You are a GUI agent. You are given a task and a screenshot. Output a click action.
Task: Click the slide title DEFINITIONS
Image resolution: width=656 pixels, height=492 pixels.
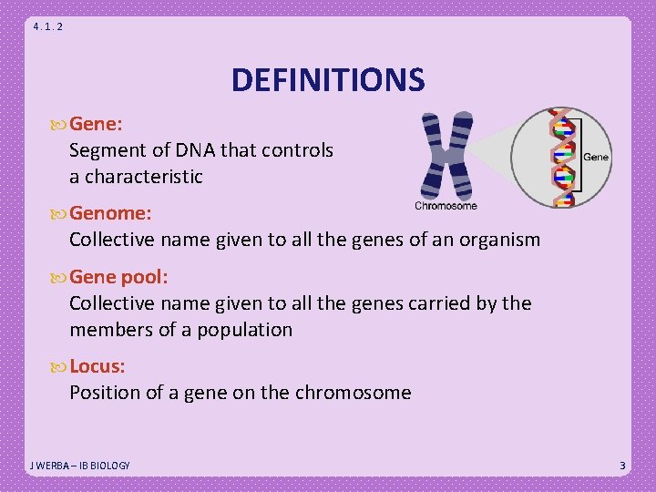click(328, 80)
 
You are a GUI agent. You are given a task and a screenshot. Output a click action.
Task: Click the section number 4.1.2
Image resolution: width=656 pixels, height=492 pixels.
click(47, 26)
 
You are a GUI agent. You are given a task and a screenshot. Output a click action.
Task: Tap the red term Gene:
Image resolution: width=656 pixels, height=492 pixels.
click(97, 123)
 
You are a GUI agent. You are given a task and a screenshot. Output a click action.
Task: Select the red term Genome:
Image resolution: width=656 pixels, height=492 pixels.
click(110, 213)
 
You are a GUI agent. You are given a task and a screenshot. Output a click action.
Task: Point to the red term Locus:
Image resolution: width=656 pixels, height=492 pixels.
click(97, 366)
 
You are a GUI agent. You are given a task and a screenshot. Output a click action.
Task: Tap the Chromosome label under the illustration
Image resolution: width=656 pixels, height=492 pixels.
click(446, 206)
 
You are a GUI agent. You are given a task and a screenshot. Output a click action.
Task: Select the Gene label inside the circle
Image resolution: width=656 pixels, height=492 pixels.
click(595, 158)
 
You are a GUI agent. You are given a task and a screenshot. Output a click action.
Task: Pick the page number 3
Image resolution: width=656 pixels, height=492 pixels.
click(622, 466)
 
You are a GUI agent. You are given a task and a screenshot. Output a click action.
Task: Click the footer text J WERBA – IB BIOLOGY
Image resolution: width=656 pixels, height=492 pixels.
click(80, 466)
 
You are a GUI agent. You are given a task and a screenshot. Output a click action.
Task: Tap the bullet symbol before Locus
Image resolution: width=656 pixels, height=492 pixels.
click(60, 366)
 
